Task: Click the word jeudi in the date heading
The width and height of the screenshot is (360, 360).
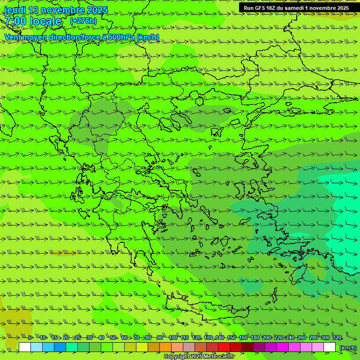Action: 15,10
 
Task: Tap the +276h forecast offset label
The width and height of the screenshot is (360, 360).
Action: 83,21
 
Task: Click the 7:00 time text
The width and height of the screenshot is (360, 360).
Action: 15,21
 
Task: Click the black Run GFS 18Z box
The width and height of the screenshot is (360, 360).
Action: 296,8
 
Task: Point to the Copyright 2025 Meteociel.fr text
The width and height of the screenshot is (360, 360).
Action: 199,357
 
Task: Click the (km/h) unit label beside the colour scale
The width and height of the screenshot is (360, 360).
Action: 348,348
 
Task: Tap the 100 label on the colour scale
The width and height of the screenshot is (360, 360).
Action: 173,337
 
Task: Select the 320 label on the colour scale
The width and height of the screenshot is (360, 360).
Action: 337,337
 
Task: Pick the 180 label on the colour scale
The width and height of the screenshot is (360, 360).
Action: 255,337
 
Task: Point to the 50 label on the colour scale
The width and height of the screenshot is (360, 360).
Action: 113,337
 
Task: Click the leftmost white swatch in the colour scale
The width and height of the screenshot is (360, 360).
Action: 25,347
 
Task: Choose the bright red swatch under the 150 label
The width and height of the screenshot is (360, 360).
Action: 224,347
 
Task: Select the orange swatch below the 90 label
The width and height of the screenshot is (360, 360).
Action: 165,347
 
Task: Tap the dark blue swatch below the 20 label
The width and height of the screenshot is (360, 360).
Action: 60,347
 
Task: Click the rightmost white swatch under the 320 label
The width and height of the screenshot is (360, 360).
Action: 330,347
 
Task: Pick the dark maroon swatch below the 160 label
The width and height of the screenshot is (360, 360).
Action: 247,347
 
